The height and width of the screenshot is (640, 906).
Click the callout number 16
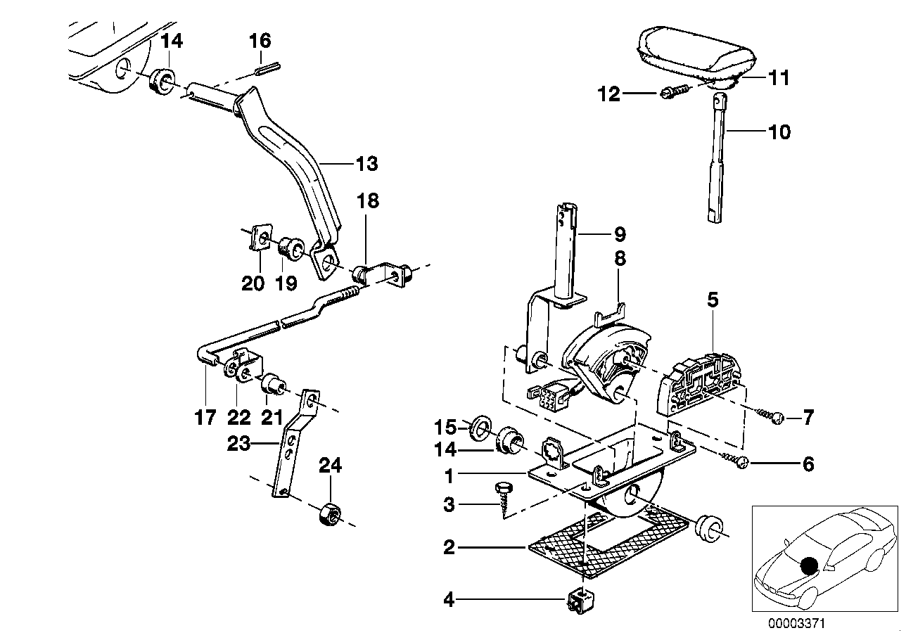click(x=260, y=40)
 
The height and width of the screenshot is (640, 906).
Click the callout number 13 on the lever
click(x=366, y=165)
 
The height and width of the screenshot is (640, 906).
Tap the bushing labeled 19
click(x=291, y=248)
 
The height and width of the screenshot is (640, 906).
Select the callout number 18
click(x=367, y=201)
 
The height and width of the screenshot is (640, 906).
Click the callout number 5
click(x=713, y=302)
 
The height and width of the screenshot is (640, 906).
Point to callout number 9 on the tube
click(x=618, y=233)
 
